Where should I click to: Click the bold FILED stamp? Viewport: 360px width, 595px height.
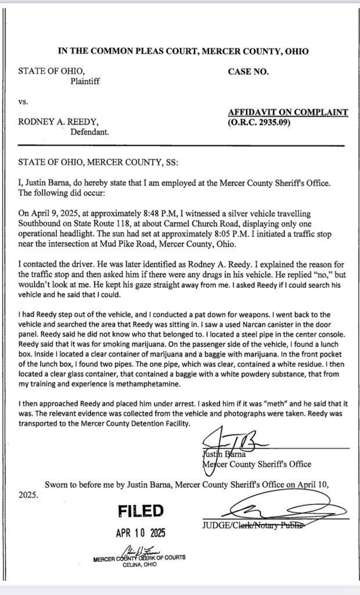point(141,511)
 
